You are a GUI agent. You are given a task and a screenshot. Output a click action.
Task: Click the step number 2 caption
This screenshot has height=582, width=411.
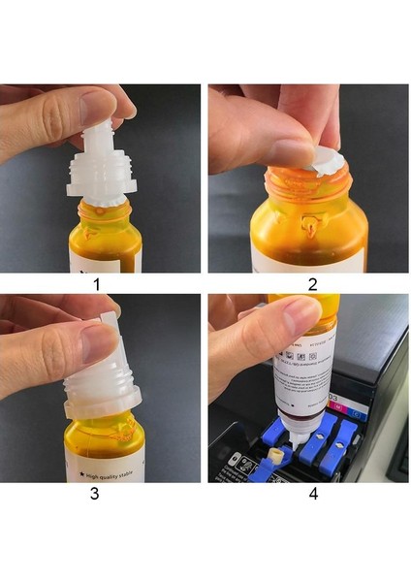pyautogui.click(x=311, y=285)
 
